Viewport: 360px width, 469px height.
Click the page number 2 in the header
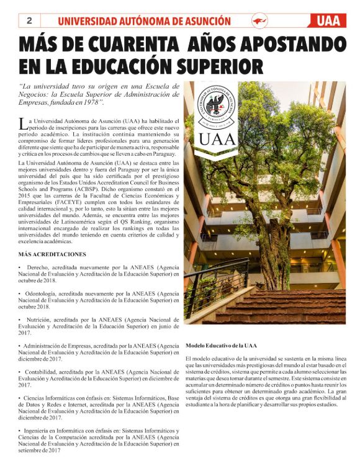click(x=29, y=21)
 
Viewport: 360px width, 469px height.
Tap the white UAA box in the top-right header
click(x=327, y=21)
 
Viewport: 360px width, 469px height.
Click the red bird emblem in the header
click(x=259, y=21)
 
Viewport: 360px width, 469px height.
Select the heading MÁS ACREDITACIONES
click(x=52, y=254)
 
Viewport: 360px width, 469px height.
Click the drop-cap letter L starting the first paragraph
click(x=23, y=123)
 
